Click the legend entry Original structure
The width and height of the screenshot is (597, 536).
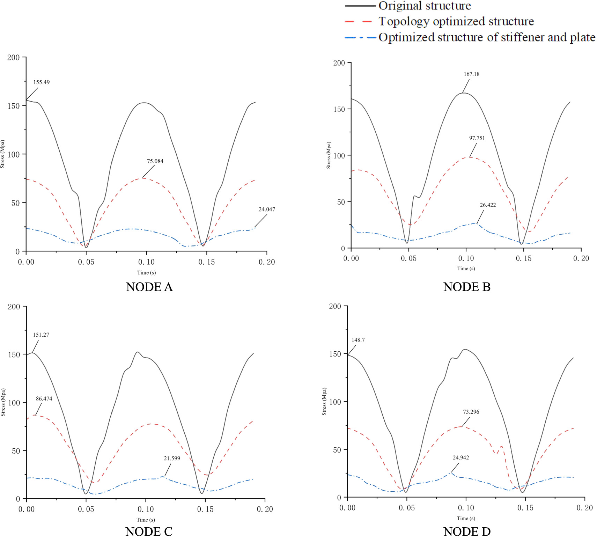(425, 6)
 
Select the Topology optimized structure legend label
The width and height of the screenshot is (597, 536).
(456, 22)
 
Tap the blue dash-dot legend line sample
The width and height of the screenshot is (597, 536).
(360, 37)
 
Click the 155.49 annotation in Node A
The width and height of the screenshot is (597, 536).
(42, 82)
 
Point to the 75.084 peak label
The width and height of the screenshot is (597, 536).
(155, 161)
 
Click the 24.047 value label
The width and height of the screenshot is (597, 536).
(267, 210)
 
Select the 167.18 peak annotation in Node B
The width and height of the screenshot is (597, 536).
(471, 74)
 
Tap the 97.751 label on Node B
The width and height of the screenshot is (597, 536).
(477, 138)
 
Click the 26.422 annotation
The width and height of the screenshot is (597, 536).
(488, 205)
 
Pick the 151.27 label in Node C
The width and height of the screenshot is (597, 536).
(41, 335)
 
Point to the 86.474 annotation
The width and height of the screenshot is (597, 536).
(44, 399)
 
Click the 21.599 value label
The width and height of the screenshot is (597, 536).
(172, 458)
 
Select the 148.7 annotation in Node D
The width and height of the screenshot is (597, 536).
(358, 340)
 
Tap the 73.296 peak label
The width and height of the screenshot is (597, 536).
(471, 412)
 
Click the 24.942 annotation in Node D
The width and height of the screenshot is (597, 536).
(461, 458)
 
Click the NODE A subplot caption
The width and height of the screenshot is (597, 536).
(149, 287)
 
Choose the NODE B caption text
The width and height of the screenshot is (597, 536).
(467, 287)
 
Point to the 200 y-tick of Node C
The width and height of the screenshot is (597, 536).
(14, 307)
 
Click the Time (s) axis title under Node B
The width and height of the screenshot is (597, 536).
(466, 269)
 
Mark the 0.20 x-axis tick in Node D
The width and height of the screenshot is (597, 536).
(584, 508)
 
